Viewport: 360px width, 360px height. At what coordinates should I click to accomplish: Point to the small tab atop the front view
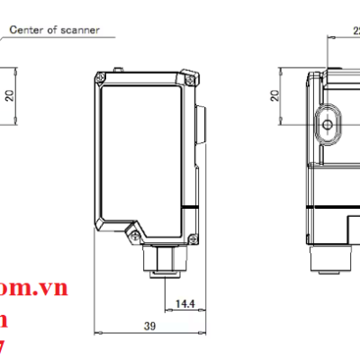(117, 68)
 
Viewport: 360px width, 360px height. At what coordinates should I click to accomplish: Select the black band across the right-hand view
(333, 209)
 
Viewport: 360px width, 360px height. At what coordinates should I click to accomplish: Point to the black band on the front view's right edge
(192, 209)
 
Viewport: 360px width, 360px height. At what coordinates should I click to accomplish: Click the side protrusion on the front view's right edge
(201, 125)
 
